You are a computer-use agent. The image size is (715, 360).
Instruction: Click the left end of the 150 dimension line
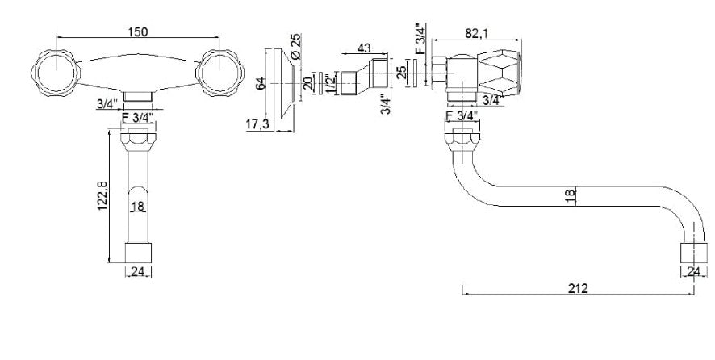tap(56, 37)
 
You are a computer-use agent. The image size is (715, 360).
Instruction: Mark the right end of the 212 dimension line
tap(694, 294)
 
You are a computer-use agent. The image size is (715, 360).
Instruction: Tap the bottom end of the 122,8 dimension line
tap(109, 262)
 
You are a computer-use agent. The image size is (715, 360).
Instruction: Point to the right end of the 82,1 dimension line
tap(521, 40)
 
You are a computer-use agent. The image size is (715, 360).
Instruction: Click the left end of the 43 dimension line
tap(341, 54)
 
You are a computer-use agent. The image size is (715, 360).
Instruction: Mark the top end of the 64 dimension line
tap(265, 48)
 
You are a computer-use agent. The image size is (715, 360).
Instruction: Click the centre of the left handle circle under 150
tap(56, 73)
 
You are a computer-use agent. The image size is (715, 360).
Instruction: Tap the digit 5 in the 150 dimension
tap(138, 31)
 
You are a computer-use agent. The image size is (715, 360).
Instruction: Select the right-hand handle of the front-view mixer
tap(220, 73)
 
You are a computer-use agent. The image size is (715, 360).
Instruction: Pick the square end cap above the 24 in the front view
tap(138, 253)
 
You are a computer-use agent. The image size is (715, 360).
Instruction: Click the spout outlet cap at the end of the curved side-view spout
tap(694, 253)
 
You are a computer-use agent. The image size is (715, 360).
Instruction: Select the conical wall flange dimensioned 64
tap(283, 83)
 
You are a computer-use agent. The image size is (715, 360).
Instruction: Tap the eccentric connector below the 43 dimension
tap(364, 76)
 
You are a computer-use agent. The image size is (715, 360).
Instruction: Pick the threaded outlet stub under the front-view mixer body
tap(138, 97)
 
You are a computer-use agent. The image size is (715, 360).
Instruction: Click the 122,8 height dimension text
tap(102, 195)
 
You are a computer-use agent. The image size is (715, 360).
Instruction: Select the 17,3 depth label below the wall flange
tap(257, 123)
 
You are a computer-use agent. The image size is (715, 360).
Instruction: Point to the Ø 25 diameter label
tap(296, 47)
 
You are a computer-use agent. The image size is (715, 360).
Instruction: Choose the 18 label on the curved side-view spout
tap(570, 197)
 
